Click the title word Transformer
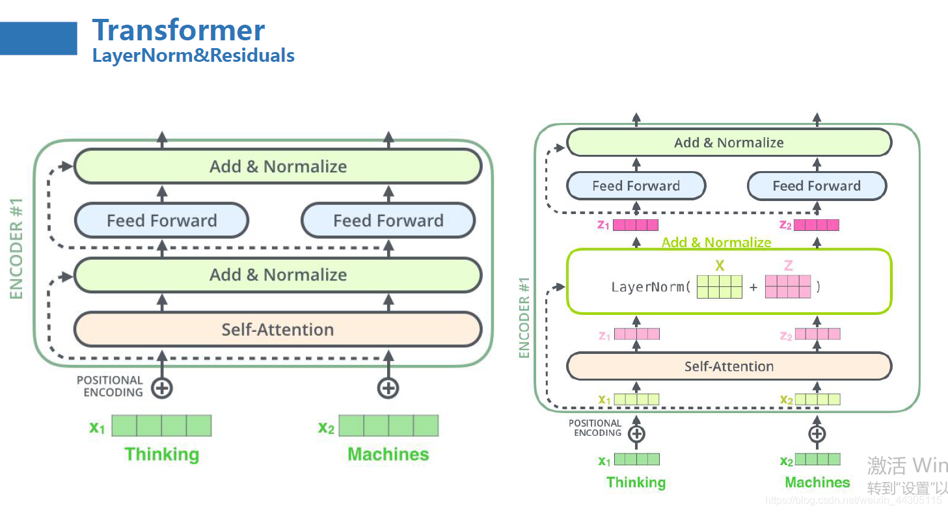(x=178, y=31)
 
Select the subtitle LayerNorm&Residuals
(x=193, y=55)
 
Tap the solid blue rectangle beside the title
(x=38, y=38)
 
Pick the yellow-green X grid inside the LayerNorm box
(x=719, y=286)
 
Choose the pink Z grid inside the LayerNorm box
(x=788, y=286)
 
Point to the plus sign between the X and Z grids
(x=753, y=287)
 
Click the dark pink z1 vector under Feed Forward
(x=636, y=225)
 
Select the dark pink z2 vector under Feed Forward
(x=816, y=225)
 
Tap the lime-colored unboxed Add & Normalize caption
(x=716, y=243)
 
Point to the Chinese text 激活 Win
(x=907, y=465)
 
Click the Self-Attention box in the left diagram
(x=278, y=329)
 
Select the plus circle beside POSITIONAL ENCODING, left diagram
(x=162, y=388)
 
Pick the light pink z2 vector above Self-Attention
(x=817, y=334)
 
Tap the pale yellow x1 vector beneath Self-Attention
(x=636, y=399)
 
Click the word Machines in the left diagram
(x=388, y=454)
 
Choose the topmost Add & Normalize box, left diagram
(x=278, y=167)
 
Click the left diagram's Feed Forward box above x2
(x=388, y=221)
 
